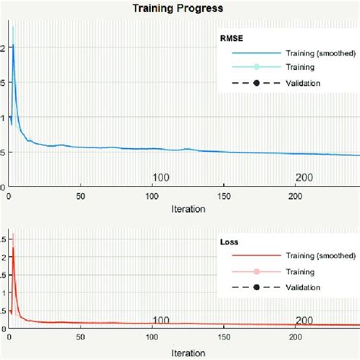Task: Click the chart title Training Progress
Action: click(x=178, y=9)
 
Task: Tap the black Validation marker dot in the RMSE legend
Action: click(x=256, y=83)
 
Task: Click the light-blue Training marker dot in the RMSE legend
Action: click(x=256, y=68)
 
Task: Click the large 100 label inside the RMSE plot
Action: click(x=161, y=178)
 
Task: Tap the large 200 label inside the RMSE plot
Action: click(x=305, y=178)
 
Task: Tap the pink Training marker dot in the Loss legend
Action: click(x=256, y=272)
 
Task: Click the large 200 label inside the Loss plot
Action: click(x=305, y=321)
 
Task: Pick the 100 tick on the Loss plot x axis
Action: click(x=153, y=337)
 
